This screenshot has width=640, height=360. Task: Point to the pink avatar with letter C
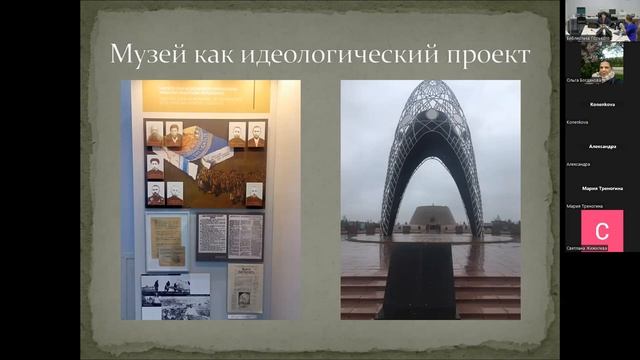601,230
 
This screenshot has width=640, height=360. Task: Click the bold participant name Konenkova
601,104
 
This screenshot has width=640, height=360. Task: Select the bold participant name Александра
601,146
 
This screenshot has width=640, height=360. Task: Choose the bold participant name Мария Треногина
601,188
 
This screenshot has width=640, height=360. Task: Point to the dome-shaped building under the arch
432,217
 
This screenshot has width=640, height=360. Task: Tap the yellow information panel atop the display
205,96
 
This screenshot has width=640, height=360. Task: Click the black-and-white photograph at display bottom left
175,296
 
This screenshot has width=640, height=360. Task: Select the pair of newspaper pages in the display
230,237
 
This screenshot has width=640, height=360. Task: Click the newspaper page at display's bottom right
245,288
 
